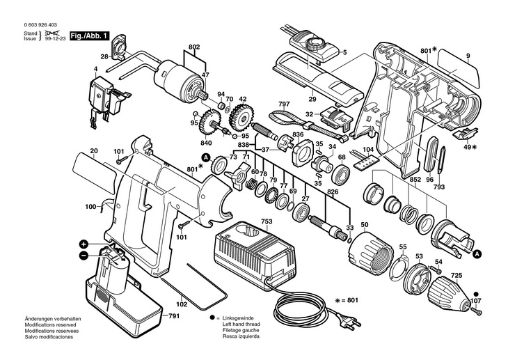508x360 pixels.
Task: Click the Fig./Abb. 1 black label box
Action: click(x=90, y=36)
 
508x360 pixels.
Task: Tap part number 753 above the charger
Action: click(x=267, y=221)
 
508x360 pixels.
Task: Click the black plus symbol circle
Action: click(x=84, y=244)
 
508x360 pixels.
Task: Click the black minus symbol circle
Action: click(x=84, y=256)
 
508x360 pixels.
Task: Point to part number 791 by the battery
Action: click(x=174, y=315)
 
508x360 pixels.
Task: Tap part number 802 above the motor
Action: click(x=194, y=47)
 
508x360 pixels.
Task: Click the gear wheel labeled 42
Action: click(x=241, y=116)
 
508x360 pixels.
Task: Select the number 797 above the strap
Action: click(x=284, y=104)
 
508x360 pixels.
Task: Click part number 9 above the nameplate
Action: click(x=468, y=56)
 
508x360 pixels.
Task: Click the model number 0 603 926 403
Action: click(x=40, y=25)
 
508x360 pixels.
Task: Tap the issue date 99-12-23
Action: click(x=55, y=38)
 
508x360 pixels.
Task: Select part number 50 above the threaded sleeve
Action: click(x=365, y=225)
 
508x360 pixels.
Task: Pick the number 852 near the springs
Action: click(x=415, y=180)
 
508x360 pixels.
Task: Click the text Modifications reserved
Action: click(x=50, y=324)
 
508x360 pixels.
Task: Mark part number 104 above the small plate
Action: click(x=368, y=149)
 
